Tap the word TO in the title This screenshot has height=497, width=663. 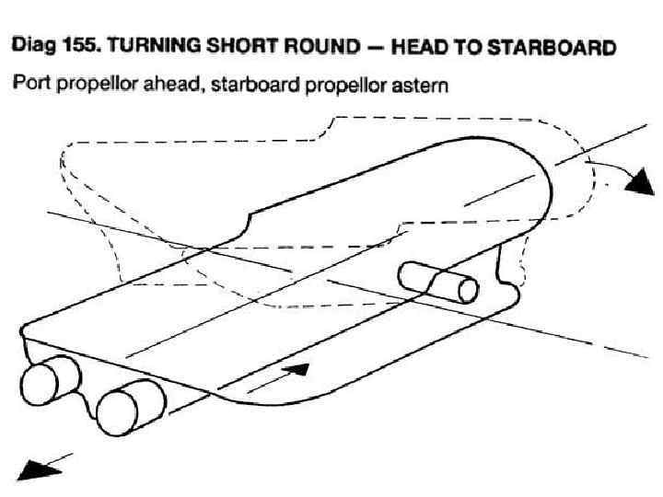[x=463, y=47]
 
